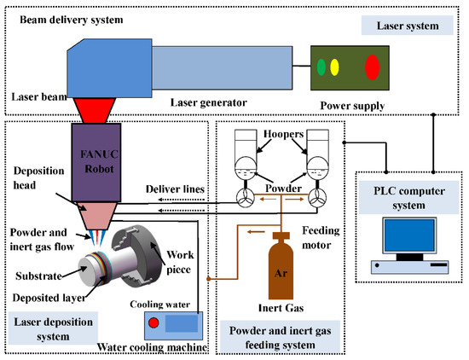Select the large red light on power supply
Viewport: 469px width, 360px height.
point(372,66)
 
